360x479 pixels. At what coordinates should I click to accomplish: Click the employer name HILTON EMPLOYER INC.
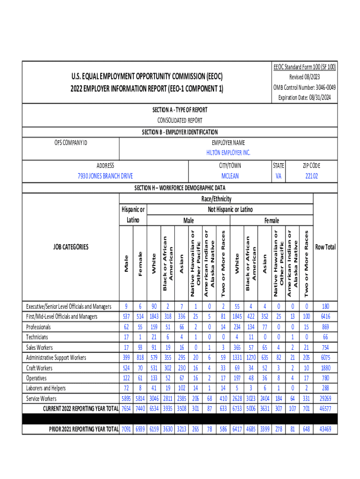(228, 152)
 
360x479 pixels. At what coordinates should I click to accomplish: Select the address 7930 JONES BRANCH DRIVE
(105, 176)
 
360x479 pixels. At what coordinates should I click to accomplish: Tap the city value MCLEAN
(230, 176)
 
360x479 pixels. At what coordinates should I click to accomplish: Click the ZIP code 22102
(311, 176)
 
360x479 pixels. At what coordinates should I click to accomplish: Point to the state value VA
(279, 176)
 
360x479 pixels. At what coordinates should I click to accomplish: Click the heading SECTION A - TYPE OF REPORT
(180, 110)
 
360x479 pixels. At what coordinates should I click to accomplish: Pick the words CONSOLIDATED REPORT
(180, 121)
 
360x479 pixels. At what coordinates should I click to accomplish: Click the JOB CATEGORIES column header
(71, 247)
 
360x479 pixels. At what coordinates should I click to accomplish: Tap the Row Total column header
(325, 247)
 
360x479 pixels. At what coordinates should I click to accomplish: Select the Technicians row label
(37, 337)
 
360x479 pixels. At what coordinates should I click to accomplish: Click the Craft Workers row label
(39, 368)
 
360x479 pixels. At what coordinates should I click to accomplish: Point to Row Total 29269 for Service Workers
(325, 399)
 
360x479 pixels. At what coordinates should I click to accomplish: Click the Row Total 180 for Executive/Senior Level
(325, 306)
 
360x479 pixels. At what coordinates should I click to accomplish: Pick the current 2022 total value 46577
(325, 409)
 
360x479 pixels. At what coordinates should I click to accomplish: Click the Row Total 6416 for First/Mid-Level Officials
(325, 317)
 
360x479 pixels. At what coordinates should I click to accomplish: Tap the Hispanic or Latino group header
(133, 214)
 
